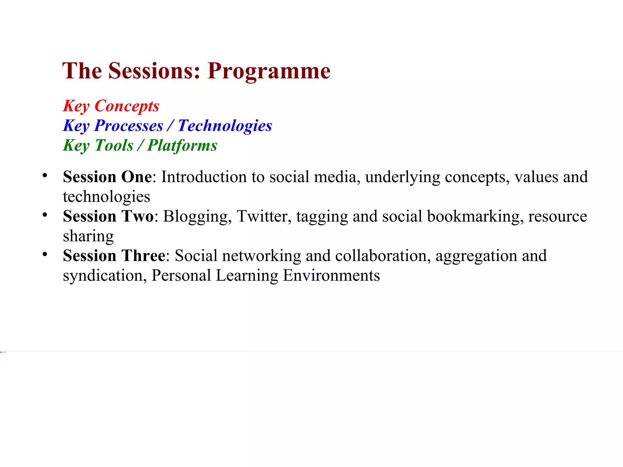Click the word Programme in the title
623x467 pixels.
point(269,71)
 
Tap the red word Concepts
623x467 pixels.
point(127,106)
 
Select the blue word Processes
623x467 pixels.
point(129,126)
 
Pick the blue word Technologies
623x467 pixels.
point(225,126)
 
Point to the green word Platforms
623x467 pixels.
point(182,145)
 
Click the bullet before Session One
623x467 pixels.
point(45,175)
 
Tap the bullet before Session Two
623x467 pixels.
point(45,215)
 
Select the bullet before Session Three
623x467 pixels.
point(45,254)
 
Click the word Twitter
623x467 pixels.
point(262,216)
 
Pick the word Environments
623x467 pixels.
point(331,276)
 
